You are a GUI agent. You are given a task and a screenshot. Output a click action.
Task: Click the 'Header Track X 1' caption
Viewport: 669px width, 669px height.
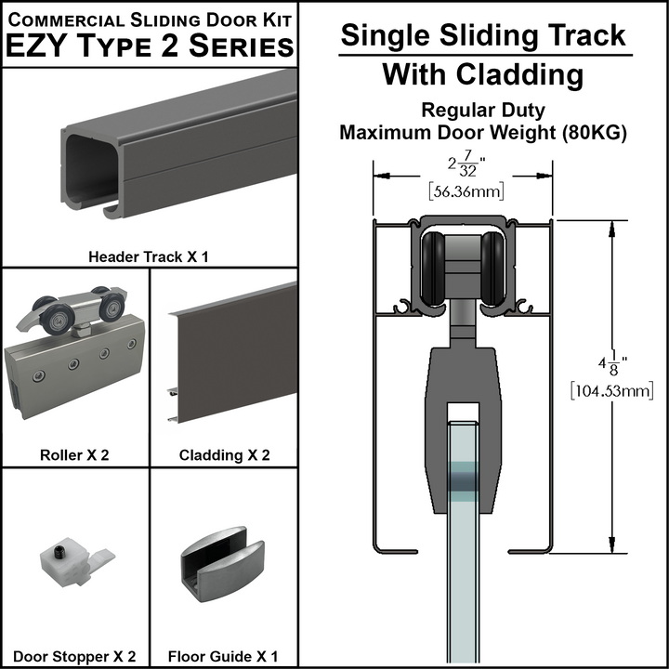pos(148,256)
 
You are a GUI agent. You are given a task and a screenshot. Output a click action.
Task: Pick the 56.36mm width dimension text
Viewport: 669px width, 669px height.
pos(463,191)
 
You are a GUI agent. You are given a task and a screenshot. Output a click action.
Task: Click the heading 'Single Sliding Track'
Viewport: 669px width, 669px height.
pos(482,35)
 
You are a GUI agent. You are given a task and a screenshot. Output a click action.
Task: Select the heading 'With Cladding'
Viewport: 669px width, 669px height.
pos(482,73)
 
